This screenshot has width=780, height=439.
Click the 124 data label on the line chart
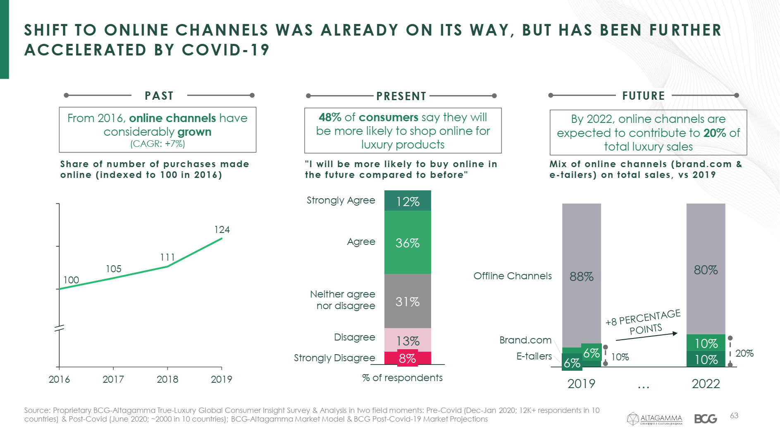(222, 230)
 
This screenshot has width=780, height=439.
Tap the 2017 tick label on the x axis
(113, 379)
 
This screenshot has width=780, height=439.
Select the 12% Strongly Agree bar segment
(408, 201)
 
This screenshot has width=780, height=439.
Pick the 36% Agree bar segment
(408, 243)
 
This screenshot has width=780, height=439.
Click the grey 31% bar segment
(408, 302)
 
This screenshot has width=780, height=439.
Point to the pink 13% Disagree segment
(408, 340)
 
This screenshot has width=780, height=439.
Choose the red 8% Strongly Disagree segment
(408, 358)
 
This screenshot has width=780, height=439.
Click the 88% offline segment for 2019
(582, 276)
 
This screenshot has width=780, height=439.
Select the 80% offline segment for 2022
(706, 270)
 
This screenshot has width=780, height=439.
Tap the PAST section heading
(159, 96)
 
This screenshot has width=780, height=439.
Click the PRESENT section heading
(401, 96)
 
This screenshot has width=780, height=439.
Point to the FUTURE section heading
(644, 96)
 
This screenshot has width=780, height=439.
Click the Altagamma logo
(654, 419)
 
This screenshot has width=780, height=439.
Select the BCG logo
(706, 419)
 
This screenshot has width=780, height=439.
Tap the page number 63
(734, 415)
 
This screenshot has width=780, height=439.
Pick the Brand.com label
(525, 340)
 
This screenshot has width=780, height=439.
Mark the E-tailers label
(534, 356)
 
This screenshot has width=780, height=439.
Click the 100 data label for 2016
(71, 280)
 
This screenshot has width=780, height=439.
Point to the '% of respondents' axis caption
(402, 378)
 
